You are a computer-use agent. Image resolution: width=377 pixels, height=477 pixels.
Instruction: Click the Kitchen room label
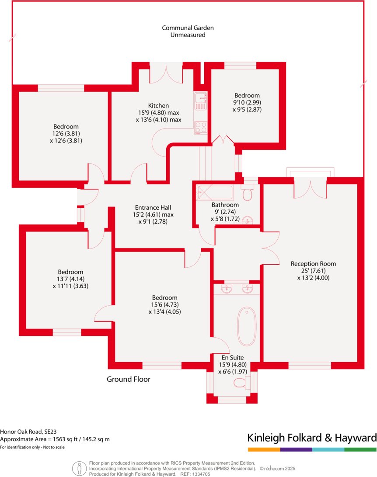pos(158,106)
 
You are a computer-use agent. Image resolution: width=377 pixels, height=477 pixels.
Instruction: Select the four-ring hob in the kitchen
pos(201,127)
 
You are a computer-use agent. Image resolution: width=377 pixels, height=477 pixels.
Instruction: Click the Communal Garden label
pos(188,28)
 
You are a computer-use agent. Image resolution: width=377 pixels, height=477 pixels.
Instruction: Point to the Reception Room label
pos(313,264)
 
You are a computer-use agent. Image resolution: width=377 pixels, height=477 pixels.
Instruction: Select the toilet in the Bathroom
pos(248,192)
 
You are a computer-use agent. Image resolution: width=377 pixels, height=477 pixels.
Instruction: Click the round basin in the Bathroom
pos(248,220)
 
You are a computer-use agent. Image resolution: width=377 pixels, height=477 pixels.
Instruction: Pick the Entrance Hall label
pos(153,207)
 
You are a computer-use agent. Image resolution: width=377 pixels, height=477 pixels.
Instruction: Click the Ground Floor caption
pos(129,379)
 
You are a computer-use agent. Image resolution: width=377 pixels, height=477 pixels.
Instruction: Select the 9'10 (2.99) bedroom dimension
pos(247,103)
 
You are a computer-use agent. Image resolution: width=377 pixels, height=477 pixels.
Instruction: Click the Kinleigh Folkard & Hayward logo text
pos(312,437)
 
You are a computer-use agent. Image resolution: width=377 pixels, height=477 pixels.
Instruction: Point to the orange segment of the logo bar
pos(264,449)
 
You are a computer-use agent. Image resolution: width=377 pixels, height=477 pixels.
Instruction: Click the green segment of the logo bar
pos(360,449)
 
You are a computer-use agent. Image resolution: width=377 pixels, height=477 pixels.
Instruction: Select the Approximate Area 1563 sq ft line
pos(55,439)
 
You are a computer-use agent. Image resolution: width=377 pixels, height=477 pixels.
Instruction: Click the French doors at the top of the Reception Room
pos(310,188)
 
